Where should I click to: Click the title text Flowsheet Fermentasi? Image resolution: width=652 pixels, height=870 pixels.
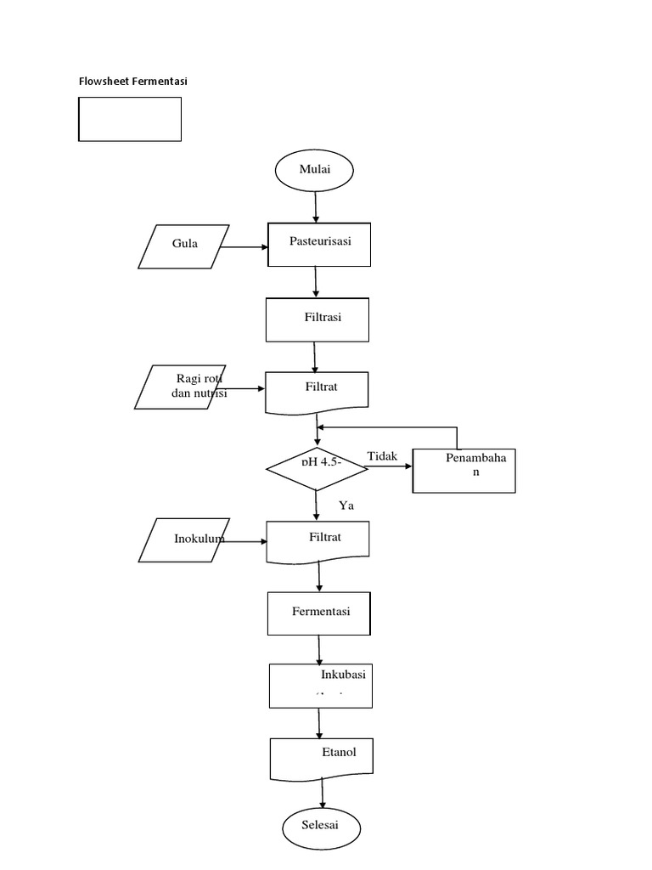point(132,82)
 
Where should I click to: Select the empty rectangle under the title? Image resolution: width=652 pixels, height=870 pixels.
point(130,119)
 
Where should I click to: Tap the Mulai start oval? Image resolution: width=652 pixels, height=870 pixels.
point(314,170)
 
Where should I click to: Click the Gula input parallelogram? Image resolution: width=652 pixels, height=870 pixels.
point(184,246)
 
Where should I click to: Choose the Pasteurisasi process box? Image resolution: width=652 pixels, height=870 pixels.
point(320,244)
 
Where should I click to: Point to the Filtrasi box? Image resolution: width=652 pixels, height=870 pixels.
point(318,319)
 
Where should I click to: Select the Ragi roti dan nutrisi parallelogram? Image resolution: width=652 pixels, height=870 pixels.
point(182,387)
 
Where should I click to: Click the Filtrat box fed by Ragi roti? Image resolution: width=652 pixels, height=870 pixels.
point(318,392)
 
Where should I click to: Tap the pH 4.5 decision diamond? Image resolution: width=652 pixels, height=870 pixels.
point(317,468)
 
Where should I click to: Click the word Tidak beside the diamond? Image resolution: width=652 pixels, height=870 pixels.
point(382,457)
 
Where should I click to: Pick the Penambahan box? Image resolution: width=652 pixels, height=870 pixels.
point(464,470)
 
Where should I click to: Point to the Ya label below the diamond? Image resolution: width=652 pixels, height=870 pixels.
point(346,506)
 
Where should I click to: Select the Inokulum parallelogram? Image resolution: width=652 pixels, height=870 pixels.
point(185,540)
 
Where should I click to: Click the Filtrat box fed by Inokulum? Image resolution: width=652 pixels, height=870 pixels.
point(318,541)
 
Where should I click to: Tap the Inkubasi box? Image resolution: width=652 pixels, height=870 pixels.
point(320,685)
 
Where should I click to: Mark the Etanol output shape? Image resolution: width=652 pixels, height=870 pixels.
point(321,758)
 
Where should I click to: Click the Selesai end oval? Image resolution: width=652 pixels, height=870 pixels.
point(321,827)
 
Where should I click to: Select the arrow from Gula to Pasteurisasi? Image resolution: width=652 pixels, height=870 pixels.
point(245,247)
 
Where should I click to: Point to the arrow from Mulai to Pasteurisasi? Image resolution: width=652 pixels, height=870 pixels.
point(316,206)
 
